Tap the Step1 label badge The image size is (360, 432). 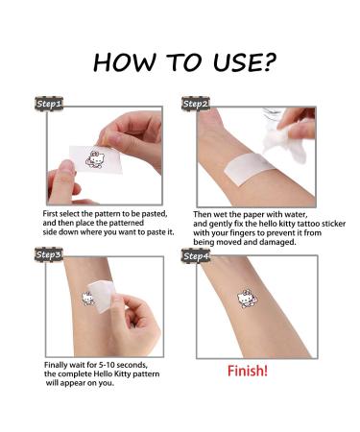49,103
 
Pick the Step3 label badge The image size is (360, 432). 49,254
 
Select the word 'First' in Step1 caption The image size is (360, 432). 54,212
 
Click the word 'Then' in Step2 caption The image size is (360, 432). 204,212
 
